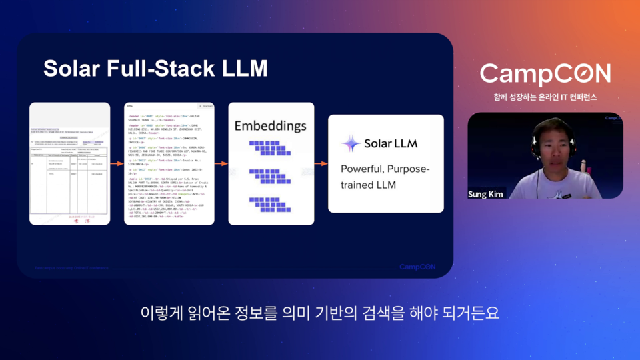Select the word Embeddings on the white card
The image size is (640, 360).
(270, 126)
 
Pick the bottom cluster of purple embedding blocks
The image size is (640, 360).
(270, 203)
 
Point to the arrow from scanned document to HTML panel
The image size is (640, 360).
(117, 163)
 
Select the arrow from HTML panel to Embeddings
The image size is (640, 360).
(221, 163)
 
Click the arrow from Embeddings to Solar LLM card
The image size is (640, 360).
(321, 163)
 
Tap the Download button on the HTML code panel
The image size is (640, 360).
(205, 106)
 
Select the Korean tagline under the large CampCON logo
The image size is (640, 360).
(545, 97)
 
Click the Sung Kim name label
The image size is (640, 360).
(487, 193)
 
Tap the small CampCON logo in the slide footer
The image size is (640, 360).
(417, 267)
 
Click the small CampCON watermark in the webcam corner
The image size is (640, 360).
(613, 118)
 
